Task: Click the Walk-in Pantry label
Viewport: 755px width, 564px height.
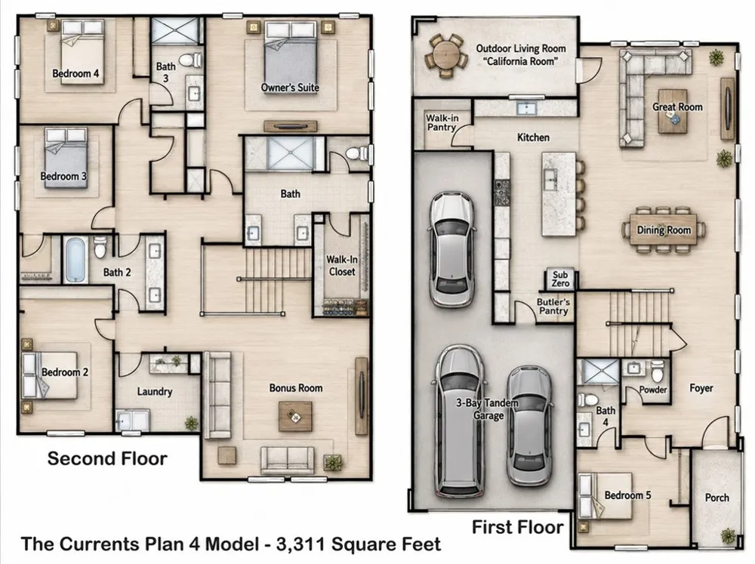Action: pyautogui.click(x=442, y=123)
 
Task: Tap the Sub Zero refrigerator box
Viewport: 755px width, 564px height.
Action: pyautogui.click(x=560, y=279)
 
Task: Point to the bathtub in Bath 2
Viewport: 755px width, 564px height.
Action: pyautogui.click(x=75, y=259)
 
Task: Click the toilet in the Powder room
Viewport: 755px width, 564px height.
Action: pyautogui.click(x=658, y=371)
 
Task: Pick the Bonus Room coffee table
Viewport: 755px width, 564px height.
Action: pyautogui.click(x=295, y=416)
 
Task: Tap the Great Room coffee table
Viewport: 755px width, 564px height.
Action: pyautogui.click(x=673, y=111)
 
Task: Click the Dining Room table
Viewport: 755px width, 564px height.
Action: pyautogui.click(x=664, y=230)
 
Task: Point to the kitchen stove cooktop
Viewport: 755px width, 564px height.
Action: pyautogui.click(x=502, y=193)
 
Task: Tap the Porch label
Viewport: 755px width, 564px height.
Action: pyautogui.click(x=717, y=498)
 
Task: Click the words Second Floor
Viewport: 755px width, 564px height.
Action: pyautogui.click(x=107, y=458)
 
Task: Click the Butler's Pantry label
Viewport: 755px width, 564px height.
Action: pyautogui.click(x=553, y=307)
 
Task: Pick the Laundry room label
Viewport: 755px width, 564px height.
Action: pyautogui.click(x=155, y=392)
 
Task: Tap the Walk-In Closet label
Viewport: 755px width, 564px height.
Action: pyautogui.click(x=342, y=265)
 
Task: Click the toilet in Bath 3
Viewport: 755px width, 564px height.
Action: pyautogui.click(x=191, y=60)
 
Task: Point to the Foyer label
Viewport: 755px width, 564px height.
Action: pyautogui.click(x=701, y=388)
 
